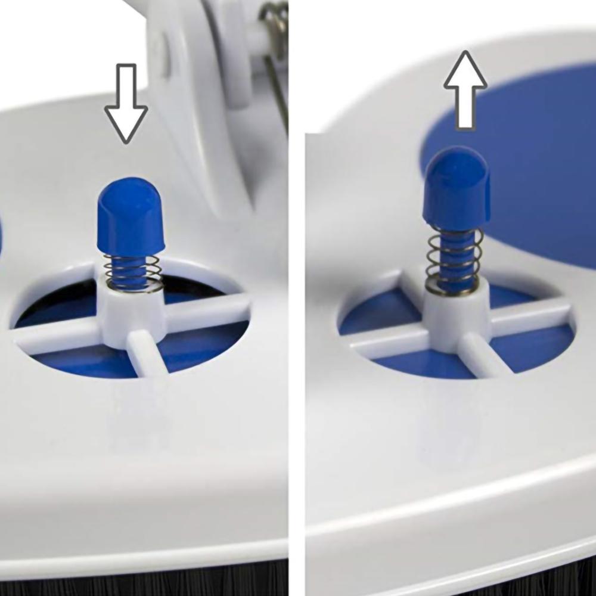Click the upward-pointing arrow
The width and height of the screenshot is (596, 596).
(x=465, y=89)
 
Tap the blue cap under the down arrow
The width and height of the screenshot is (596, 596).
(x=129, y=218)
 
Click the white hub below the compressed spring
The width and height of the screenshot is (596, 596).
(x=131, y=313)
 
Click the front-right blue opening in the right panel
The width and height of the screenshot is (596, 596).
(x=530, y=352)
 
